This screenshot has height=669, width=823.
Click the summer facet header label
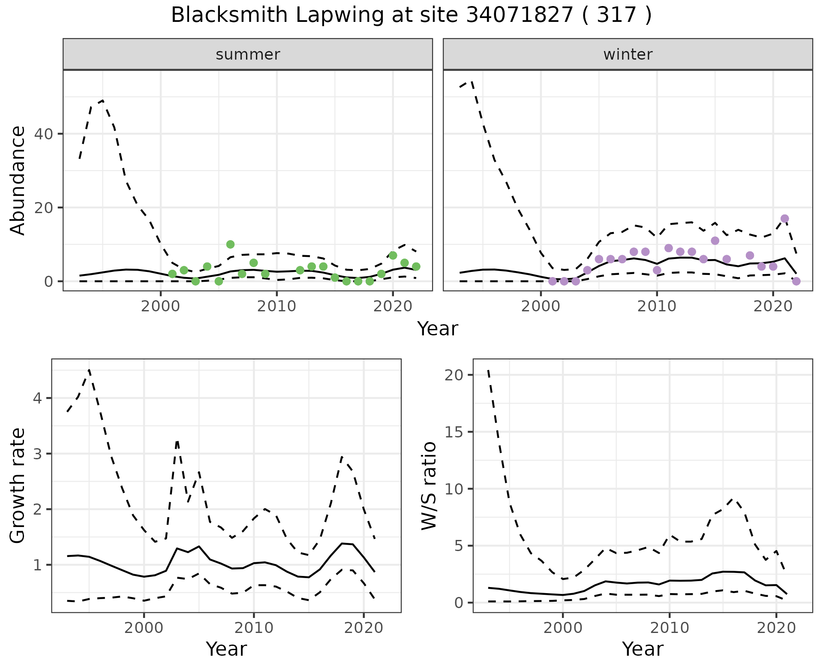[248, 54]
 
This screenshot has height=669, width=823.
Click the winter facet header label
[628, 54]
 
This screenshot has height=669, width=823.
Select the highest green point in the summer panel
[230, 244]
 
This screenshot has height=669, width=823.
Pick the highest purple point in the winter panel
[784, 219]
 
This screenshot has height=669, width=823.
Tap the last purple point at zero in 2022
[796, 281]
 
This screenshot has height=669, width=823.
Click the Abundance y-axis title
[18, 180]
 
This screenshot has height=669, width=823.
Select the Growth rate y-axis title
[18, 486]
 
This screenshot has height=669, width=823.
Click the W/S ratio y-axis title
[429, 486]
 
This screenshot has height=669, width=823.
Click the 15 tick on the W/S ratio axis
[454, 432]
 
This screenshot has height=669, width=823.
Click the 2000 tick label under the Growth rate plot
[144, 628]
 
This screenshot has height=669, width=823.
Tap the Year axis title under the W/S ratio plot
[643, 649]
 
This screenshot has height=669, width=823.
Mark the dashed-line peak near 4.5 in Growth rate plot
[89, 370]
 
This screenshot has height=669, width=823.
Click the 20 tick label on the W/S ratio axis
[454, 375]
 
